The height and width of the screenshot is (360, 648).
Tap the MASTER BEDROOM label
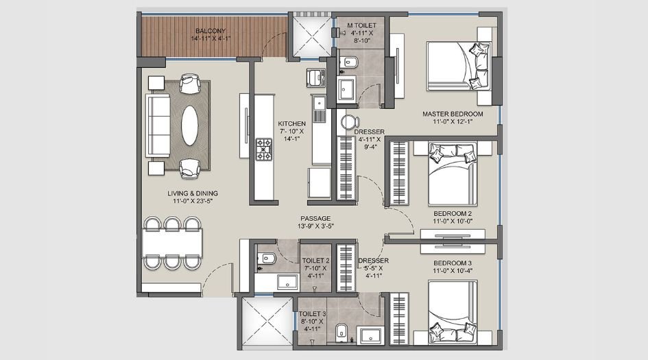(453, 114)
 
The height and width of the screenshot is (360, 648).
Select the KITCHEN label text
(291, 123)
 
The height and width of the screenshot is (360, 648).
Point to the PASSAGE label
(315, 217)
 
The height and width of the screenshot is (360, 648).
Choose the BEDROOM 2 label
(453, 213)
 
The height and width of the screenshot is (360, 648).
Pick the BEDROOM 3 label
(453, 263)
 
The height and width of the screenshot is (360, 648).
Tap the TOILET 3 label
(313, 314)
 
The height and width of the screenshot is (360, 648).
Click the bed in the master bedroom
(458, 65)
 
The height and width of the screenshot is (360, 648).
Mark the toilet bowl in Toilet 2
(267, 259)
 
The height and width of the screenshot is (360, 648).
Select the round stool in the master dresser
(348, 123)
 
